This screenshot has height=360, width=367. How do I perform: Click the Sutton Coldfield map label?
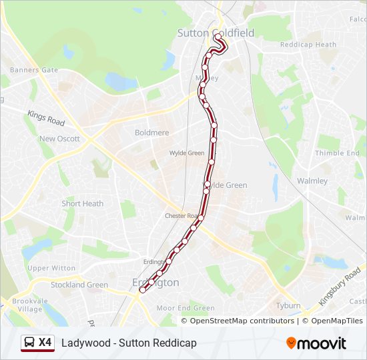[x=216, y=33]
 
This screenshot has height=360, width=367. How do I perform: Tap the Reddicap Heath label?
[x=308, y=45]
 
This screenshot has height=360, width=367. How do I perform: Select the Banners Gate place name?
[x=33, y=69]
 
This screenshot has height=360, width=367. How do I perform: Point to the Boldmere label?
[x=152, y=133]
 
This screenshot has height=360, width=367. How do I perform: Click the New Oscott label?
[x=59, y=139]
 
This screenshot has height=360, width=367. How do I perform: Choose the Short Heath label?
[x=82, y=204]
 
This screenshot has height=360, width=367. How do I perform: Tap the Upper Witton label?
[x=51, y=268]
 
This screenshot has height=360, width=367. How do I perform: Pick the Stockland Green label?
[x=79, y=285]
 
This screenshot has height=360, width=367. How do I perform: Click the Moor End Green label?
[x=186, y=308]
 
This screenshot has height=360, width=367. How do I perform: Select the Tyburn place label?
[x=288, y=305]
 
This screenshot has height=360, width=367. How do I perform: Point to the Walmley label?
[x=312, y=181]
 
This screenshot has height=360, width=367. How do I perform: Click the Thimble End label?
[x=337, y=153]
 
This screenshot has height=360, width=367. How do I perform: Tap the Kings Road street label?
[x=46, y=119]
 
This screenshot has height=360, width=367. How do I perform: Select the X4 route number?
[x=45, y=343]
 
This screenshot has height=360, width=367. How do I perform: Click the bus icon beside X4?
[x=28, y=343]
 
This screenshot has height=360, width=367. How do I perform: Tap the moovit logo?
[x=316, y=343]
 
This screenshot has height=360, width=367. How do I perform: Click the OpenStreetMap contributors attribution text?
[x=242, y=321]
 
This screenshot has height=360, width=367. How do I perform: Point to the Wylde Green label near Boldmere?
[x=187, y=153]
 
